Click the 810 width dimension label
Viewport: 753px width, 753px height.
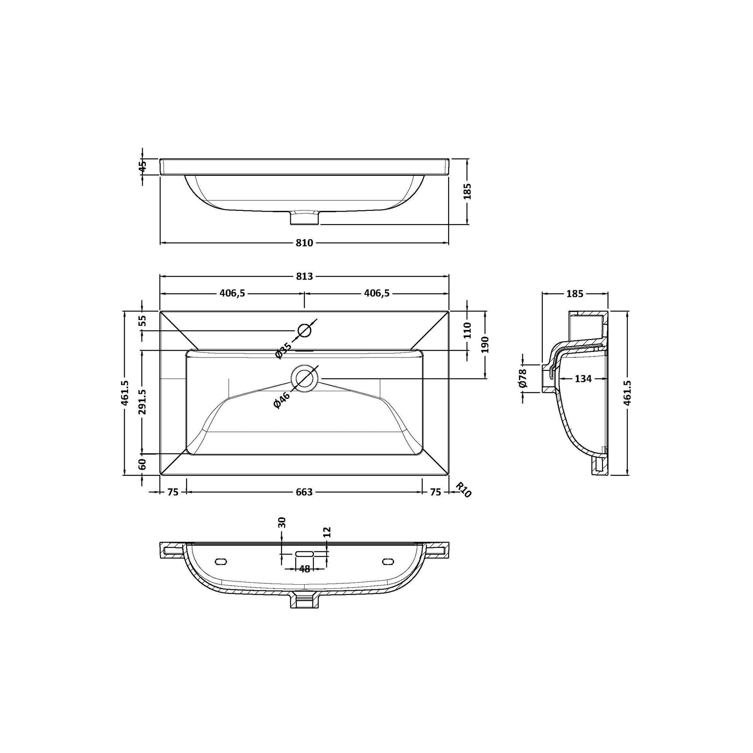point(305,243)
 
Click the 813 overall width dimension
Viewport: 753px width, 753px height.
point(305,276)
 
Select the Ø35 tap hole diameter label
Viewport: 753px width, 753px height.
point(283,350)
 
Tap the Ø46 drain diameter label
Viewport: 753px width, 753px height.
point(282,400)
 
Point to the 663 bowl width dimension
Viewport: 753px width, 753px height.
point(305,492)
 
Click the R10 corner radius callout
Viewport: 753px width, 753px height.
point(464,490)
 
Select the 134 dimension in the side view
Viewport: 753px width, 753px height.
point(583,378)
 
